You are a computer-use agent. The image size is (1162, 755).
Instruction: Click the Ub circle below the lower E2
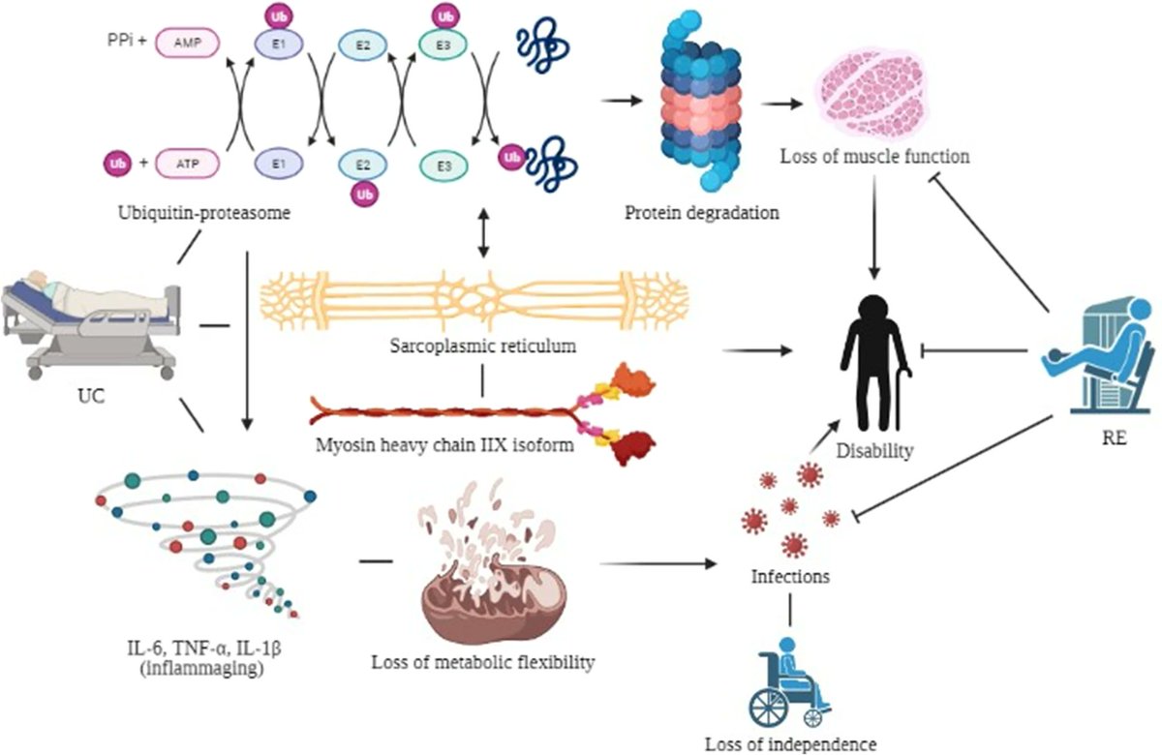(363, 194)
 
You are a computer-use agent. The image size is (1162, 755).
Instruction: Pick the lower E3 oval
(444, 165)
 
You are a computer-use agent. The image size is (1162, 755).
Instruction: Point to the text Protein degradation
(702, 212)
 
